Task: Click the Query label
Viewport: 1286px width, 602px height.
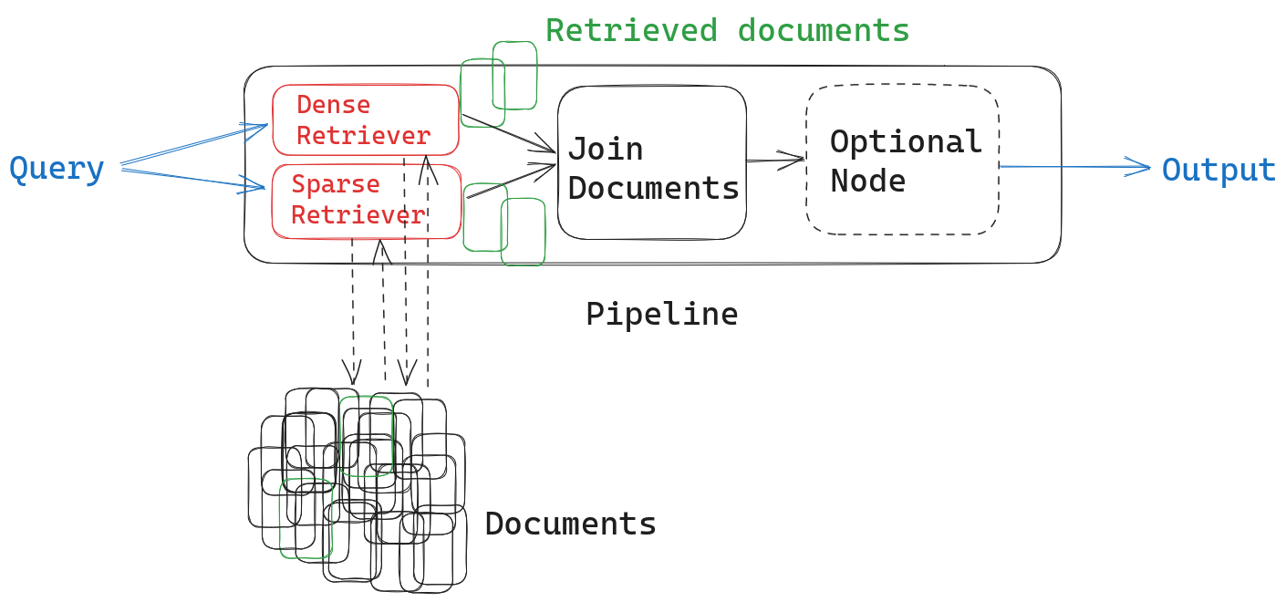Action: pos(57,170)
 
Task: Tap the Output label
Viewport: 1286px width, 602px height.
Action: pos(1219,171)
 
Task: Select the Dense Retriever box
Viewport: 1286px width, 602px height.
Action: pos(365,120)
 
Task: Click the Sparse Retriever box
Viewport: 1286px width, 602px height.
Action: pos(365,201)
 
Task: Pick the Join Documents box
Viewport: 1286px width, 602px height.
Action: pos(651,164)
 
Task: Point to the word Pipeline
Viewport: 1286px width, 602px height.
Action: pos(661,314)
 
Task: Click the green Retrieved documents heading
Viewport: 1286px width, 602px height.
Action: pos(727,30)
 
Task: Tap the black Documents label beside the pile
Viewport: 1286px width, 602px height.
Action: pos(570,524)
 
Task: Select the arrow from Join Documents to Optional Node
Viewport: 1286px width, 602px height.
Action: pos(775,161)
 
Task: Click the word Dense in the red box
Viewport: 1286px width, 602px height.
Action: pos(333,105)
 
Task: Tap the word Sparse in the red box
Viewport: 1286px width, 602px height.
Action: pos(335,184)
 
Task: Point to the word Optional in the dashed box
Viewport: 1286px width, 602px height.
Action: pos(905,142)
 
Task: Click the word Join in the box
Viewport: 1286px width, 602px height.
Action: pos(605,149)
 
